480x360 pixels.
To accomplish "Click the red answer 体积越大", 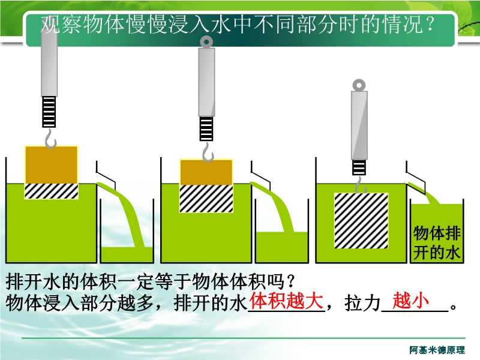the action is click(287, 301).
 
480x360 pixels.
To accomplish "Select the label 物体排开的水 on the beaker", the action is click(437, 243).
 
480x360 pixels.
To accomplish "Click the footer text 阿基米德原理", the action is click(437, 350).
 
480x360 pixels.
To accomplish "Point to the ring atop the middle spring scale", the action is click(206, 41).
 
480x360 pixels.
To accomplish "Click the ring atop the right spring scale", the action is click(359, 85).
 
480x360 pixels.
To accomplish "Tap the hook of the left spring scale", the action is click(50, 139).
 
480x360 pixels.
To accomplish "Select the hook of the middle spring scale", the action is click(208, 152).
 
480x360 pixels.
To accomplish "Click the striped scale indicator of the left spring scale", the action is click(49, 112).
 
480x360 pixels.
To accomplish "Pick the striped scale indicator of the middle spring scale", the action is click(206, 128).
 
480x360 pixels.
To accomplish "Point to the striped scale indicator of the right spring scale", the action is click(359, 167).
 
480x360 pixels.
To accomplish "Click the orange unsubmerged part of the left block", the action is click(52, 165).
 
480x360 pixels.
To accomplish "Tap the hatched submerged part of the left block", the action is click(52, 191).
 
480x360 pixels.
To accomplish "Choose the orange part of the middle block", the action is click(206, 172).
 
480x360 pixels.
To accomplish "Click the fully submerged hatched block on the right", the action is click(361, 221).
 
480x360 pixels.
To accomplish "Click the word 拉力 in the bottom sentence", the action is click(362, 303).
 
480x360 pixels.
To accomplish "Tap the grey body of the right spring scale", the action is click(359, 125).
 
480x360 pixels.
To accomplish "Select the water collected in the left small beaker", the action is click(127, 254).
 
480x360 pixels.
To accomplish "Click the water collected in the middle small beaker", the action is click(281, 247).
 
